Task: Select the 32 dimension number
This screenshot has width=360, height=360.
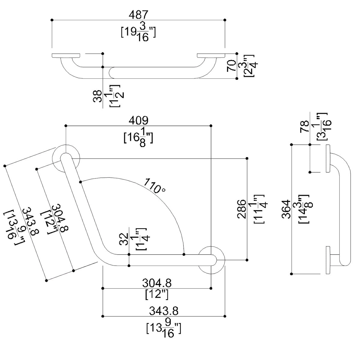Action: pyautogui.click(x=124, y=239)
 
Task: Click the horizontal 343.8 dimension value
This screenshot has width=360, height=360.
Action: pyautogui.click(x=164, y=311)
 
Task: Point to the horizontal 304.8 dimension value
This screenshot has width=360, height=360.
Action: pyautogui.click(x=157, y=283)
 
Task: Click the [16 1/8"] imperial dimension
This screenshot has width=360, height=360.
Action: pyautogui.click(x=138, y=138)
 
